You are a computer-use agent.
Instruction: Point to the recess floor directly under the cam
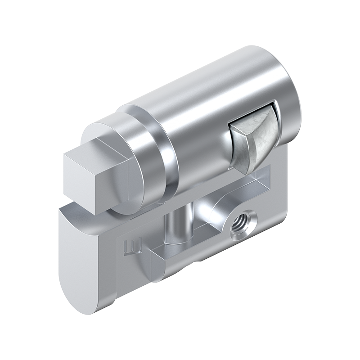tap(259, 180)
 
